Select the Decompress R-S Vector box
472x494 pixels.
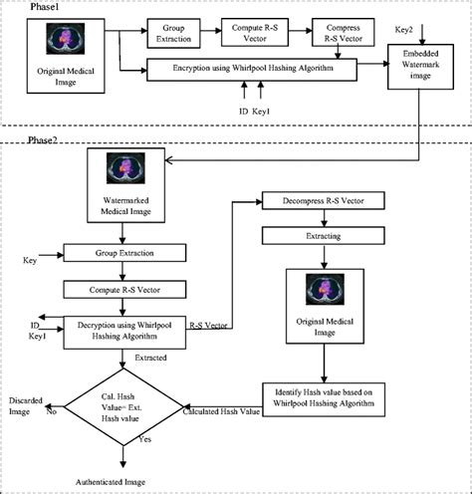pos(318,201)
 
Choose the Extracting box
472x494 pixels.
pos(317,236)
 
